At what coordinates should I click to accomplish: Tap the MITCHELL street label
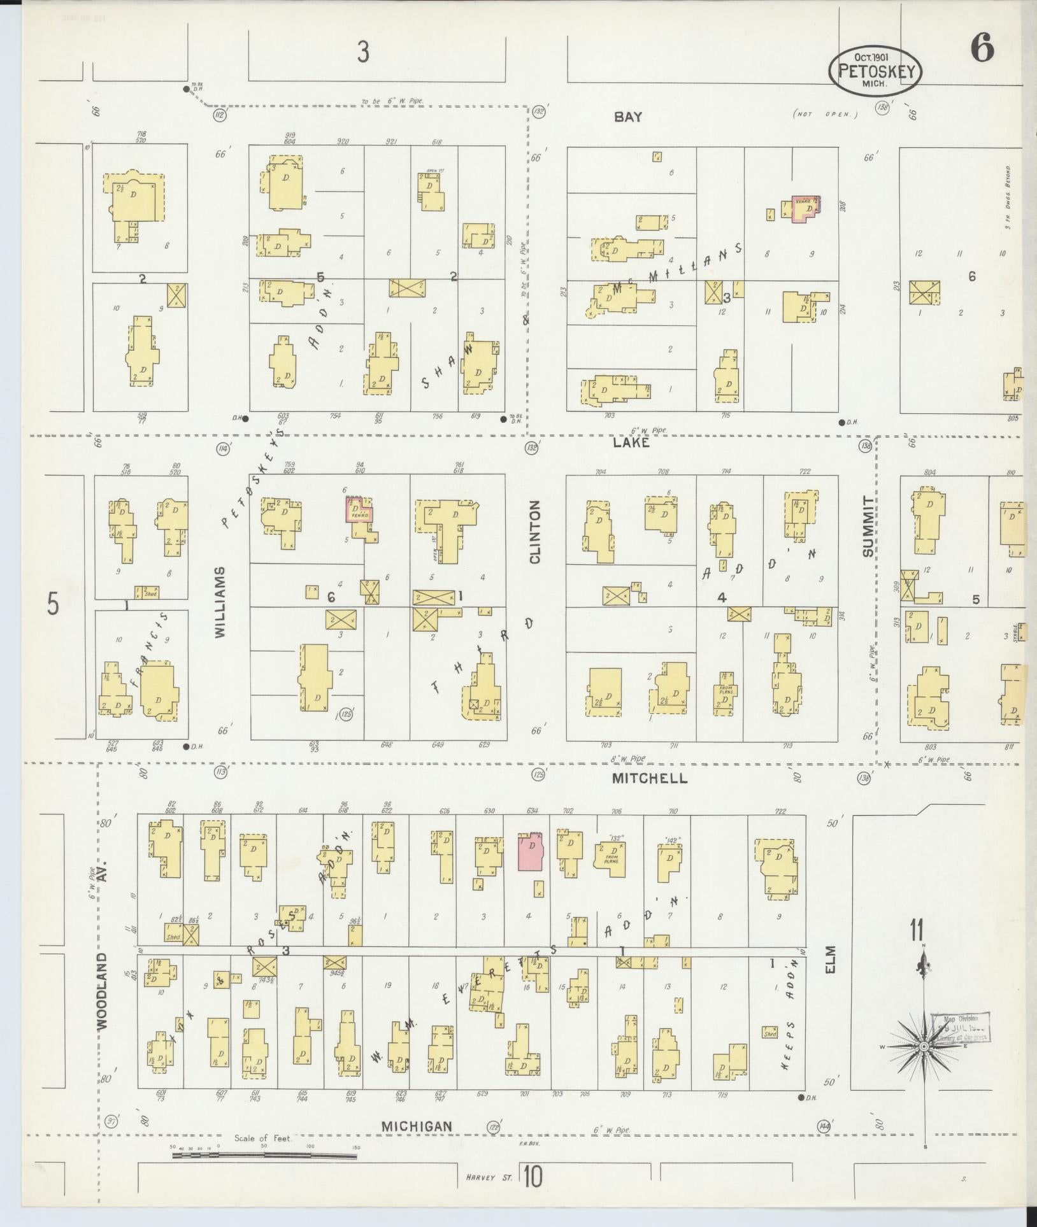pyautogui.click(x=650, y=778)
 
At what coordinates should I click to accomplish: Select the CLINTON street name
pyautogui.click(x=534, y=532)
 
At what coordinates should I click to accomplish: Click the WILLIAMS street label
pyautogui.click(x=220, y=602)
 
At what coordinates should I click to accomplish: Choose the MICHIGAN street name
pyautogui.click(x=417, y=1126)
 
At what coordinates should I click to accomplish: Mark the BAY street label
pyautogui.click(x=628, y=117)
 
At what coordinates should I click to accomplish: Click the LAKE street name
pyautogui.click(x=631, y=442)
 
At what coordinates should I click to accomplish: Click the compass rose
pyautogui.click(x=924, y=1046)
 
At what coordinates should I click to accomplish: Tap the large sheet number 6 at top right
pyautogui.click(x=982, y=49)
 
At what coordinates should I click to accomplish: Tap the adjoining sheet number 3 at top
pyautogui.click(x=363, y=52)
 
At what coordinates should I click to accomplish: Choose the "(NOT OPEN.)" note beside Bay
pyautogui.click(x=826, y=115)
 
